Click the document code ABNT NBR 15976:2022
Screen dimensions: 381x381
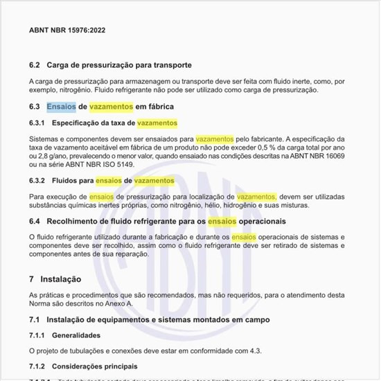[x=67, y=30]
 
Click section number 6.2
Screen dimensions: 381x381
[x=35, y=65]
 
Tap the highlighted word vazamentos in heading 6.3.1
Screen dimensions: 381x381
[x=157, y=123]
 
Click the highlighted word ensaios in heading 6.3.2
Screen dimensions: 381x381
[x=108, y=180]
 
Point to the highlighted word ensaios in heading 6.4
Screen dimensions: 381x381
[x=222, y=221]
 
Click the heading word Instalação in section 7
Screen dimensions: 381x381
[x=60, y=279]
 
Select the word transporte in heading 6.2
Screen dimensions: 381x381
[x=170, y=65]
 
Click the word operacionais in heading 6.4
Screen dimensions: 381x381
[x=262, y=221]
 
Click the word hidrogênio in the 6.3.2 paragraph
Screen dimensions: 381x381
[x=253, y=205]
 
